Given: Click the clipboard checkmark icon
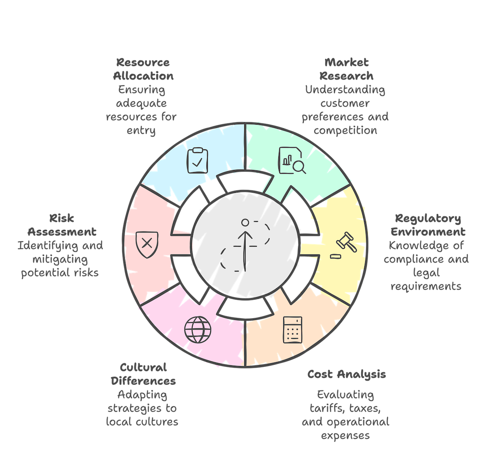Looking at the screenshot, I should [x=198, y=161].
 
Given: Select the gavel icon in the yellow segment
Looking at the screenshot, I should [x=344, y=243].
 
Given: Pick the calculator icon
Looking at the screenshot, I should [x=293, y=330].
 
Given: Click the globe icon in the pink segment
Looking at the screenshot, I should [x=198, y=329].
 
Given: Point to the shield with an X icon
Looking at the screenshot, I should [x=146, y=244].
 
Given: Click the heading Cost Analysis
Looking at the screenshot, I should [x=346, y=374].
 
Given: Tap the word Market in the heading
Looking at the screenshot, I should [x=346, y=63].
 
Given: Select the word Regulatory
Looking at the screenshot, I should [x=428, y=218].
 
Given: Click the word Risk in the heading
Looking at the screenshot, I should [x=62, y=218].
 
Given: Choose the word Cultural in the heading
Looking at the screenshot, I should [x=143, y=368].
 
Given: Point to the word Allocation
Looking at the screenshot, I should [x=143, y=76].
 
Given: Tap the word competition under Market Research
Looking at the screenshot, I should [x=345, y=130].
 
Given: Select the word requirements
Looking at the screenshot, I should [x=426, y=286].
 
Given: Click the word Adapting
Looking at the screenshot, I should [x=142, y=395].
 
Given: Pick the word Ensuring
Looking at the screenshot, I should [x=140, y=90].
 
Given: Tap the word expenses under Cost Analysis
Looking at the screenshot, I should [x=345, y=436].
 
